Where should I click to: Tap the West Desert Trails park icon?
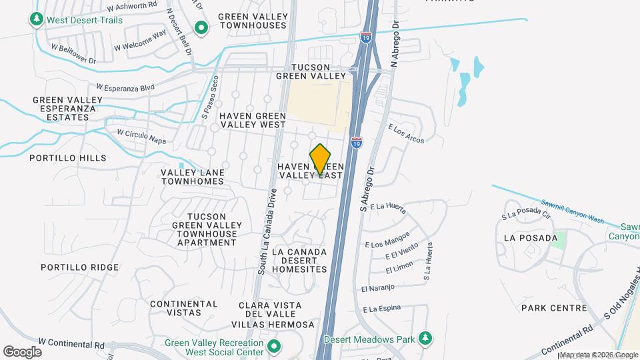37,20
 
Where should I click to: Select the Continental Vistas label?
184,309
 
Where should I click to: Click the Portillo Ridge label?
79,267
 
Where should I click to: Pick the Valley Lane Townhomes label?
193,177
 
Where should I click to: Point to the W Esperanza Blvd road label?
125,87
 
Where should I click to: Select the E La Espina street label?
383,309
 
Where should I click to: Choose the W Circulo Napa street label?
141,136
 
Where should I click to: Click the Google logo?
22,351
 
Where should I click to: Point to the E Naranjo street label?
378,288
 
